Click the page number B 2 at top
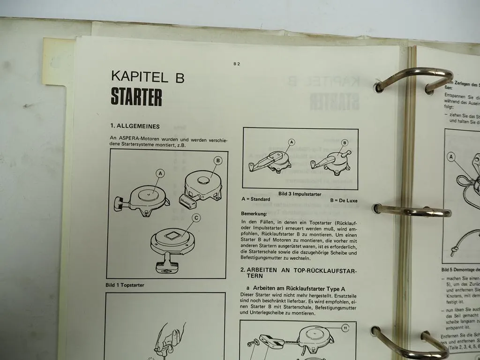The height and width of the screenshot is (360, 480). (x=236, y=64)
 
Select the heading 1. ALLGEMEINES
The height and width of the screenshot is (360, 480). (x=135, y=126)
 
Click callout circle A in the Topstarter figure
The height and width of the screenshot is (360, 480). (x=160, y=173)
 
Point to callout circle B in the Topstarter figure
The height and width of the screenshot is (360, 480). (x=217, y=160)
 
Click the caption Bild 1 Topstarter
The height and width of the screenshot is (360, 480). (x=125, y=285)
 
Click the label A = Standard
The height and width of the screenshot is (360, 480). (x=255, y=199)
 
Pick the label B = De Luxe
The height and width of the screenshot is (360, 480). (x=344, y=200)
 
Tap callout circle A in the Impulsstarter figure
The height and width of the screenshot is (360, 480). (x=291, y=142)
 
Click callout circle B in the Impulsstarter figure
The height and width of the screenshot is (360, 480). (x=345, y=142)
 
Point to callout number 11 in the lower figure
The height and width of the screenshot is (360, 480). (x=345, y=328)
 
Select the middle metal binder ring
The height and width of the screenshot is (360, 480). (x=412, y=211)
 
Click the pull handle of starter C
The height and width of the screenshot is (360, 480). (x=165, y=269)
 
